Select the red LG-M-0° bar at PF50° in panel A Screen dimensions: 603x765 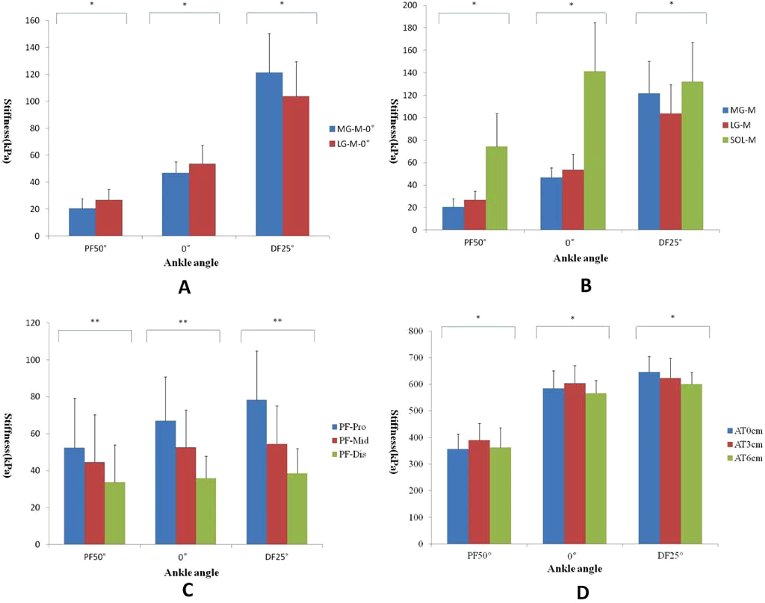(109, 218)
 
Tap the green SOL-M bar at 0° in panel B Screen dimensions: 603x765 (594, 151)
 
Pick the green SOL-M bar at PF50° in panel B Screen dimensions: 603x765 (496, 188)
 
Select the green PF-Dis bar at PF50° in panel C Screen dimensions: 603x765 (115, 513)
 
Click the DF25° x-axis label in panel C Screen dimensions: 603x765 (278, 557)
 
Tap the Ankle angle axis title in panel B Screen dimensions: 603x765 (580, 258)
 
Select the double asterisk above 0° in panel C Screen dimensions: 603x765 (183, 321)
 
